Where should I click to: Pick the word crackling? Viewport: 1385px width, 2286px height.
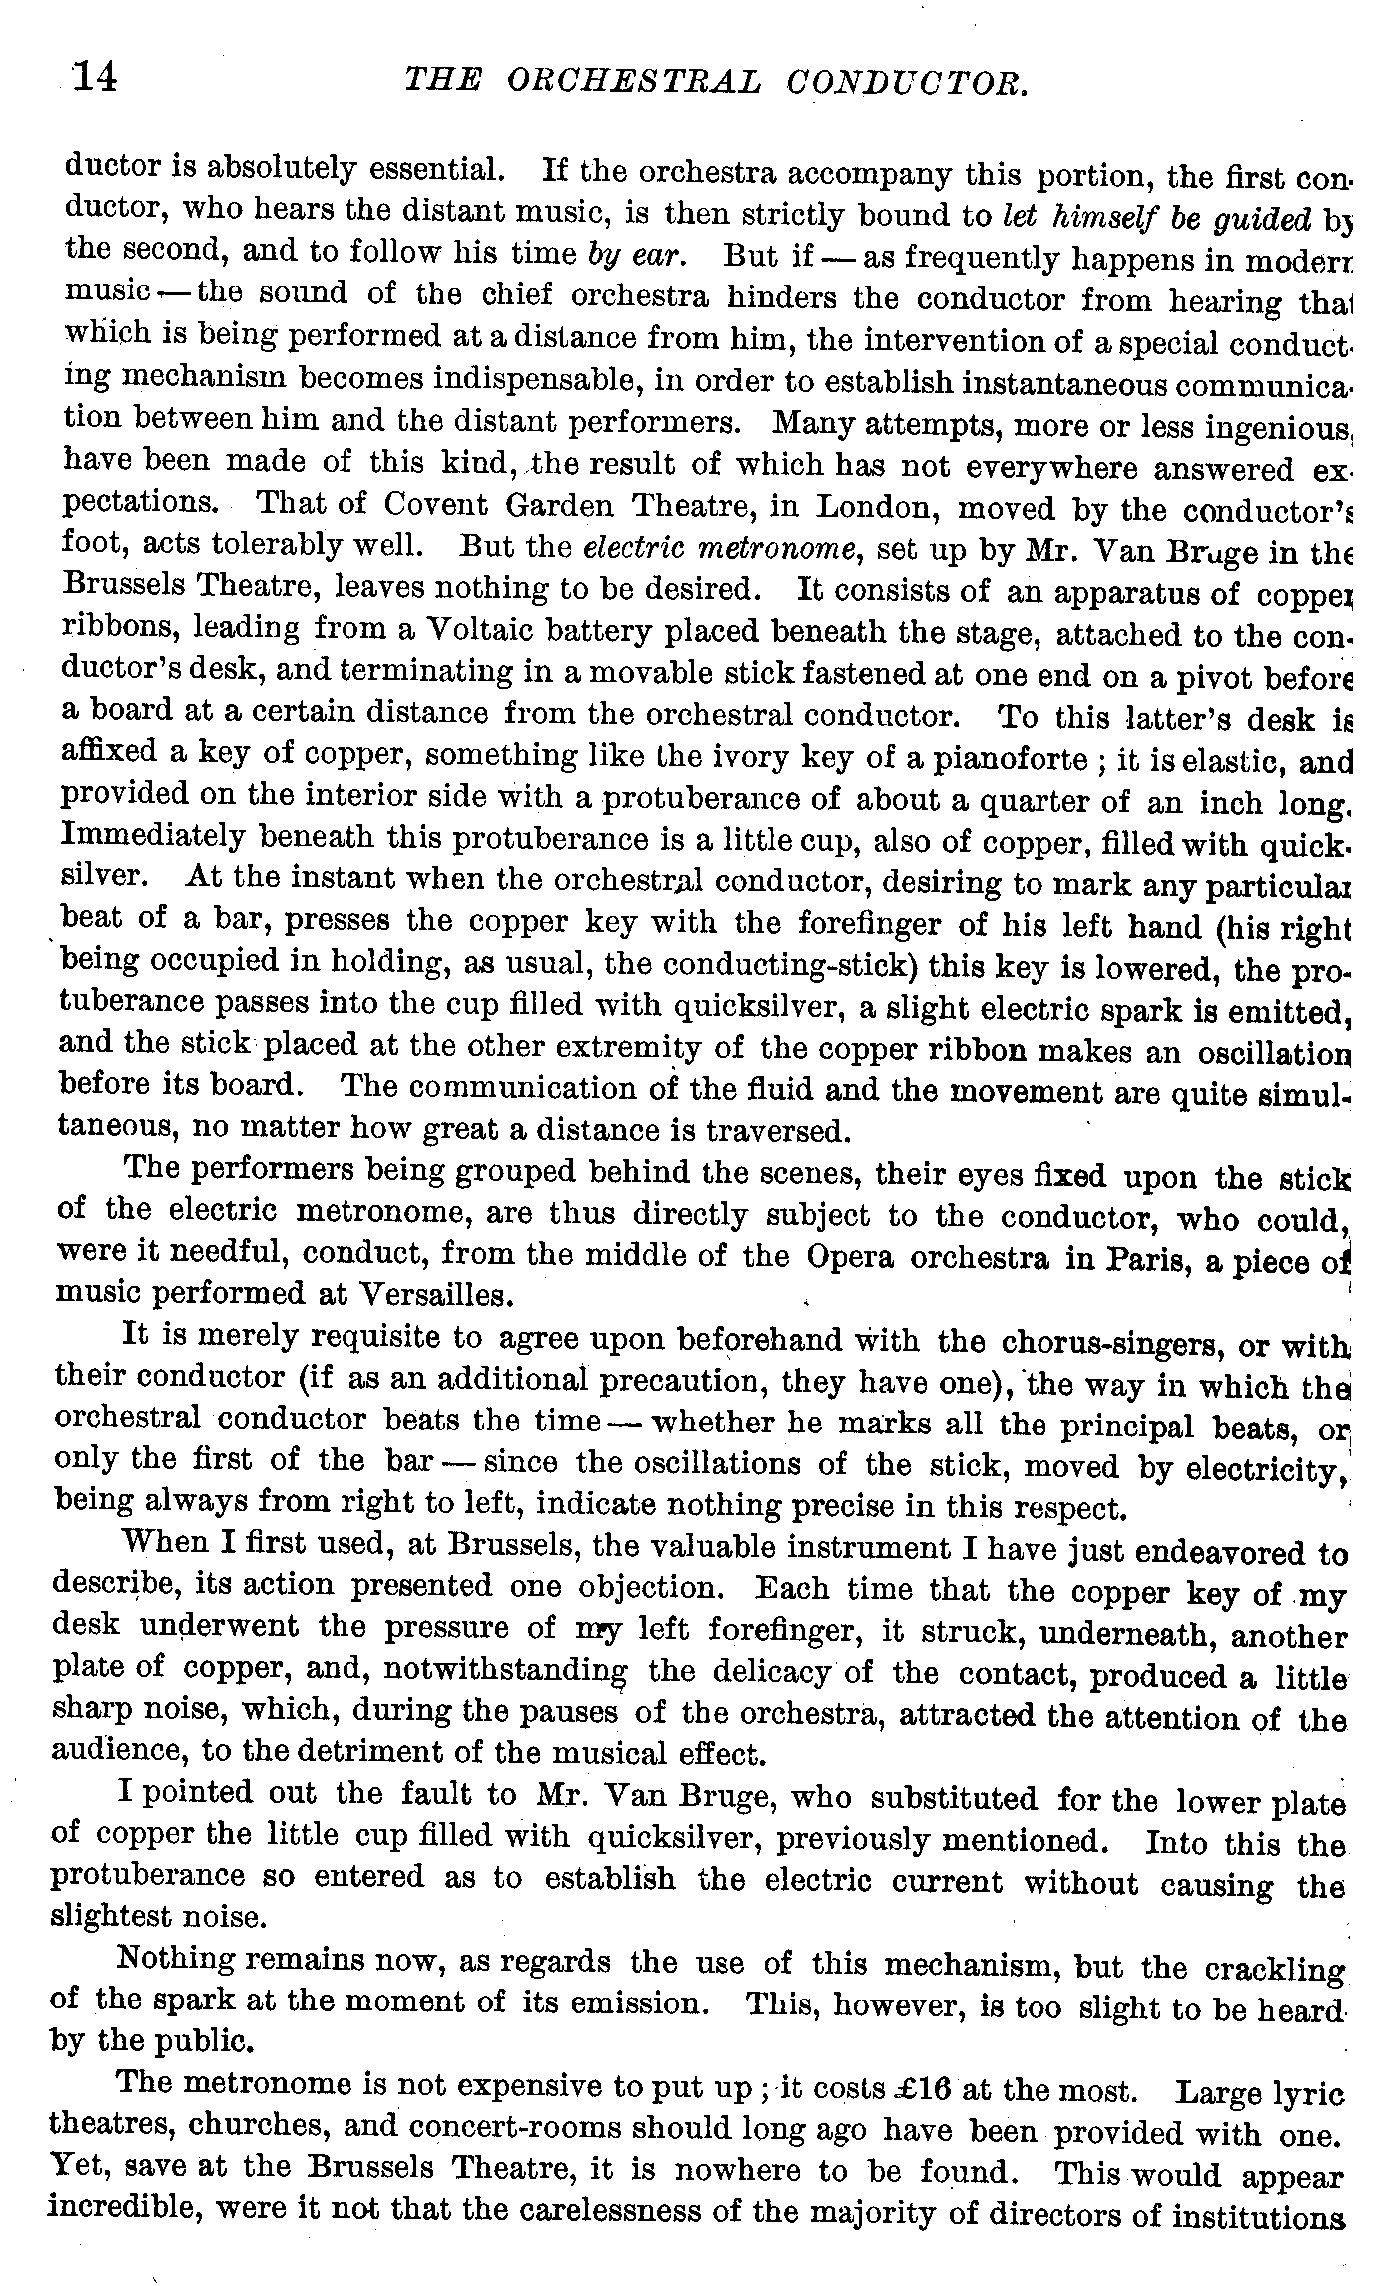click(x=1275, y=1970)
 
